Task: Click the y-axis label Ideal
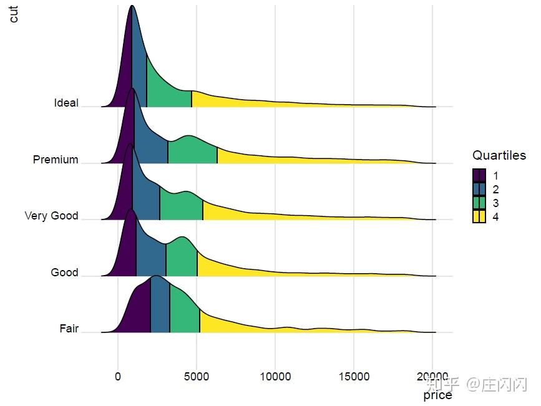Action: [x=66, y=103]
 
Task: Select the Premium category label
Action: [x=56, y=160]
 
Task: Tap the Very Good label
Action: [x=51, y=216]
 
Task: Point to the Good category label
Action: [x=64, y=273]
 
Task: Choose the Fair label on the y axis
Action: [x=69, y=329]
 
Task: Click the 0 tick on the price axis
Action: [x=118, y=376]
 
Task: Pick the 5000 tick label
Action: [x=197, y=376]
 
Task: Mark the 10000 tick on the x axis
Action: [x=275, y=376]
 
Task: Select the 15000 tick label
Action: [x=354, y=376]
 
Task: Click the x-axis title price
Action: [x=437, y=395]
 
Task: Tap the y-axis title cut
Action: [x=13, y=13]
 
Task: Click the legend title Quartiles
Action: [x=499, y=155]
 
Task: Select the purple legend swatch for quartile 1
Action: [x=479, y=176]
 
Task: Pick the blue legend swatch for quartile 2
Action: [x=479, y=190]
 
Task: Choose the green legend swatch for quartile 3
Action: [x=479, y=203]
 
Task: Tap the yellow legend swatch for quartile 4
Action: [x=479, y=217]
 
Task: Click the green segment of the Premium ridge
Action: [x=191, y=150]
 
